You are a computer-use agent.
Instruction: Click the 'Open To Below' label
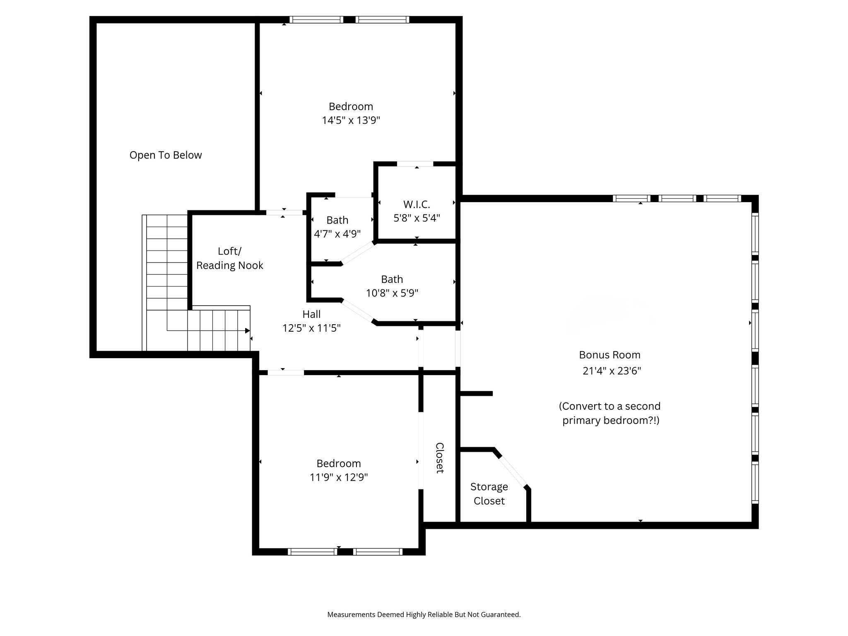pyautogui.click(x=166, y=155)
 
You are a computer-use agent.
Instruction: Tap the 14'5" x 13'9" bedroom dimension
pyautogui.click(x=351, y=120)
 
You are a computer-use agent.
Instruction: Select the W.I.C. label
pyautogui.click(x=417, y=205)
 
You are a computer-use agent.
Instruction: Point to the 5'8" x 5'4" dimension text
pyautogui.click(x=417, y=218)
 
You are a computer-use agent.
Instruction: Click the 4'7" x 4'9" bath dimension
pyautogui.click(x=337, y=234)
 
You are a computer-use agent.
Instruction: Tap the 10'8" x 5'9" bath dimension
pyautogui.click(x=392, y=293)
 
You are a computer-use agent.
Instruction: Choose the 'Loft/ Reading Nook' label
pyautogui.click(x=230, y=258)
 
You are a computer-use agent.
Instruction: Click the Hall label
pyautogui.click(x=311, y=314)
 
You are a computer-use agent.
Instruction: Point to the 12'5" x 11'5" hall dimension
pyautogui.click(x=311, y=328)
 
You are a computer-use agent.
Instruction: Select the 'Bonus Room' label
pyautogui.click(x=609, y=355)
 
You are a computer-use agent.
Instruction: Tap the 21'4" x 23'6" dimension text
pyautogui.click(x=612, y=371)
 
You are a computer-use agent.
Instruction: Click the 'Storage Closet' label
pyautogui.click(x=489, y=494)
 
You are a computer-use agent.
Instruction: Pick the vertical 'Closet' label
pyautogui.click(x=440, y=458)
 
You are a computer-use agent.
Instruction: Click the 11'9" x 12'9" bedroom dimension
pyautogui.click(x=339, y=477)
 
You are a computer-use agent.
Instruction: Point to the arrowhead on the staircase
pyautogui.click(x=248, y=330)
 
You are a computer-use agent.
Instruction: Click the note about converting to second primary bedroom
pyautogui.click(x=610, y=413)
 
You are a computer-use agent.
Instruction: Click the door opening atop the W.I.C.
pyautogui.click(x=415, y=164)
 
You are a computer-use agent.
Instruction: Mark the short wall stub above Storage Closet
pyautogui.click(x=477, y=393)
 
